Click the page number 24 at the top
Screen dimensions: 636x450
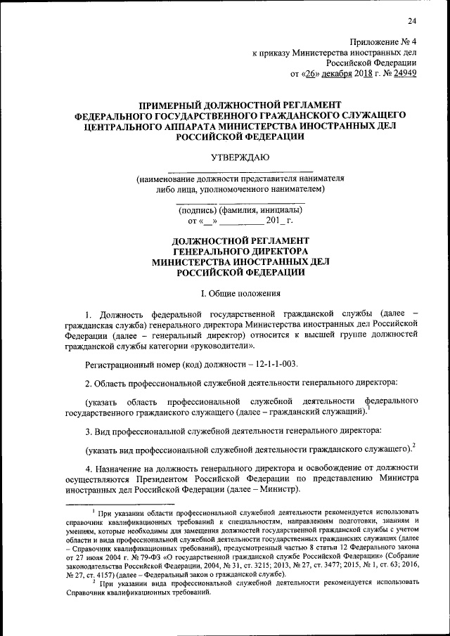(412, 20)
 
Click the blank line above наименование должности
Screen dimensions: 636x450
(240, 170)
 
